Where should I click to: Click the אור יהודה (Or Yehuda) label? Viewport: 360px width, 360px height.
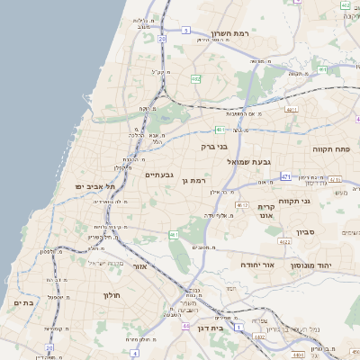(x=257, y=265)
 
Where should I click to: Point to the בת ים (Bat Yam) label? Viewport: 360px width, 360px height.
(x=24, y=303)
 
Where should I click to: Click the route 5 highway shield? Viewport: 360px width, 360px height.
(x=185, y=30)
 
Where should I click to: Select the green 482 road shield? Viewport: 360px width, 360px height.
(x=196, y=79)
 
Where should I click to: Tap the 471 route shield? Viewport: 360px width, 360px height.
(x=285, y=176)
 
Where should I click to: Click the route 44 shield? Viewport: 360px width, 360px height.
(x=184, y=326)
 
